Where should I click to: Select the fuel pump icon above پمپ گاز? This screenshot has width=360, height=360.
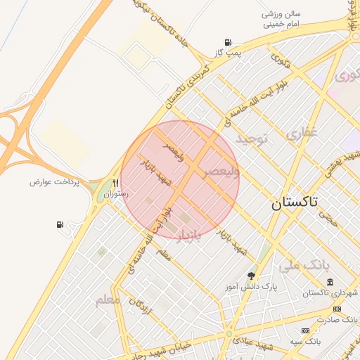coord(227,42)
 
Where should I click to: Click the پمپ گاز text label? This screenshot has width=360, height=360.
coord(229,53)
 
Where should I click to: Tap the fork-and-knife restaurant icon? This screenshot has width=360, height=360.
coord(115,183)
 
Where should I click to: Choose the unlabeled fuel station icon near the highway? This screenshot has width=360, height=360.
coord(60,225)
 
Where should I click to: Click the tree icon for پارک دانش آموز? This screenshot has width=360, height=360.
coord(251,275)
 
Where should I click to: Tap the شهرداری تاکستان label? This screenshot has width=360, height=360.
coord(328,293)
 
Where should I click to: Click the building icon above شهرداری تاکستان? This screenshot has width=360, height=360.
coord(330,282)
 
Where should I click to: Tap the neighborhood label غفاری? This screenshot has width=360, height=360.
coord(302,131)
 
